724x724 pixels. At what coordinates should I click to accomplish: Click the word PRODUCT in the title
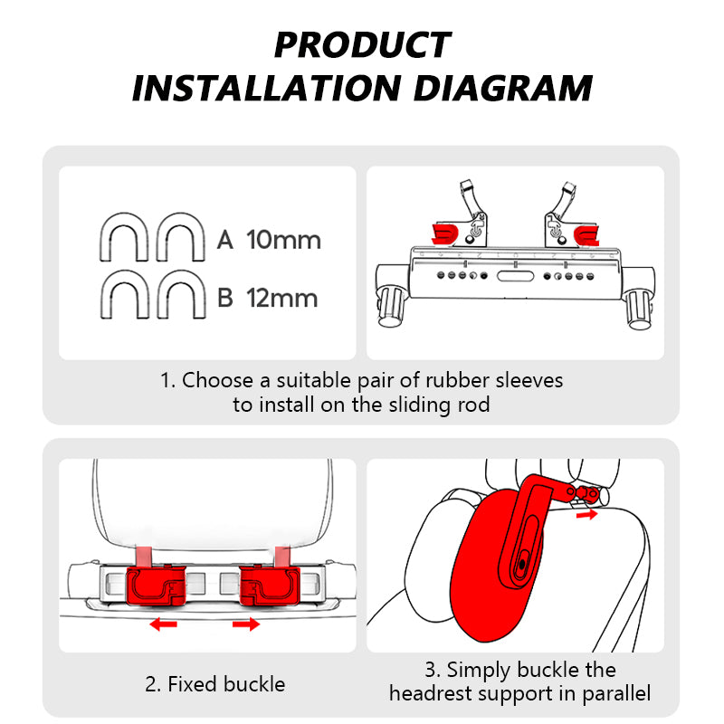pos(362,45)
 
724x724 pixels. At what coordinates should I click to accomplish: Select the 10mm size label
pos(283,240)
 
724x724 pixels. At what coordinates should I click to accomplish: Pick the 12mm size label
pos(282,298)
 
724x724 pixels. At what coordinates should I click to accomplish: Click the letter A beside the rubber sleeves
pos(226,240)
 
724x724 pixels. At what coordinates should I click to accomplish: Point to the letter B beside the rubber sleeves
pos(226,298)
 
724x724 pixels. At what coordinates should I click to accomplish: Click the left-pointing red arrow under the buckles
pos(163,624)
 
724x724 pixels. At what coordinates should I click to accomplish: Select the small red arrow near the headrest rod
pos(587,514)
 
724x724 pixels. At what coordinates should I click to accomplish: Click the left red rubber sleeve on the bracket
pos(446,234)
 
